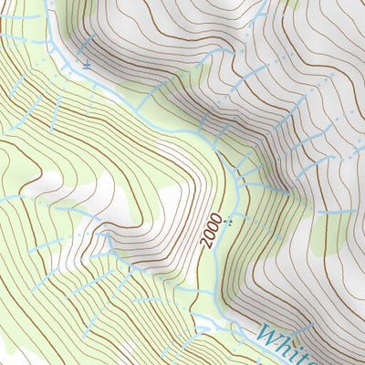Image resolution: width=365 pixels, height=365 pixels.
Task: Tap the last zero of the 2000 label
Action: (215, 216)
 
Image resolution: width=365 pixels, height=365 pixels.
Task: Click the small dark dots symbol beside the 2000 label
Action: (230, 219)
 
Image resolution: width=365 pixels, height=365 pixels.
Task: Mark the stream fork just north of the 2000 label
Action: (238, 178)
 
